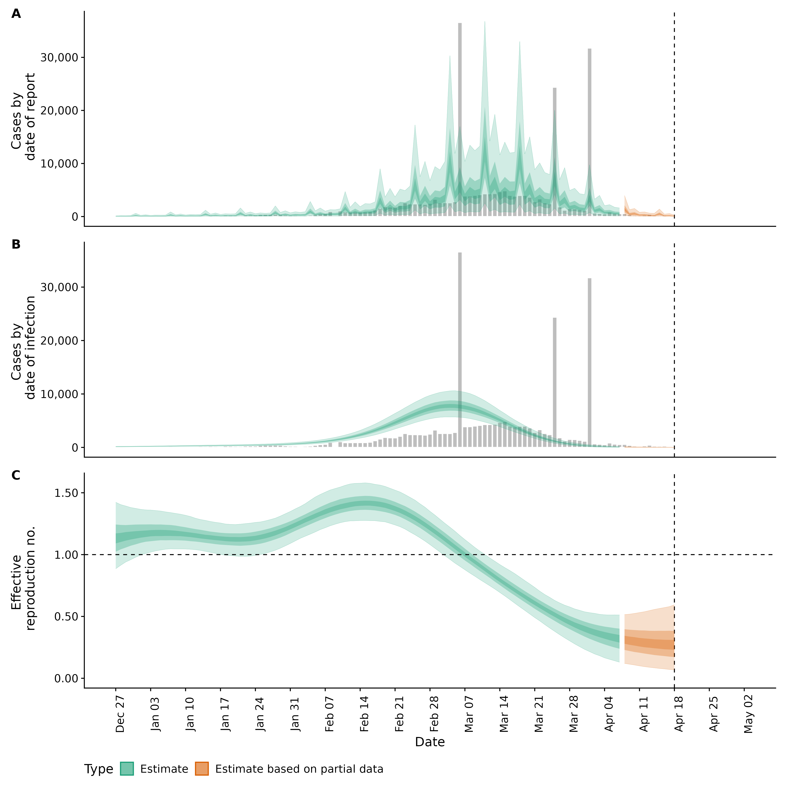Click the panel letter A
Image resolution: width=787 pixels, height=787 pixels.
(16, 14)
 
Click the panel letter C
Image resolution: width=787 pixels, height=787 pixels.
(16, 475)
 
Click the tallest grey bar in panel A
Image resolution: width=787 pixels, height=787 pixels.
(460, 118)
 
